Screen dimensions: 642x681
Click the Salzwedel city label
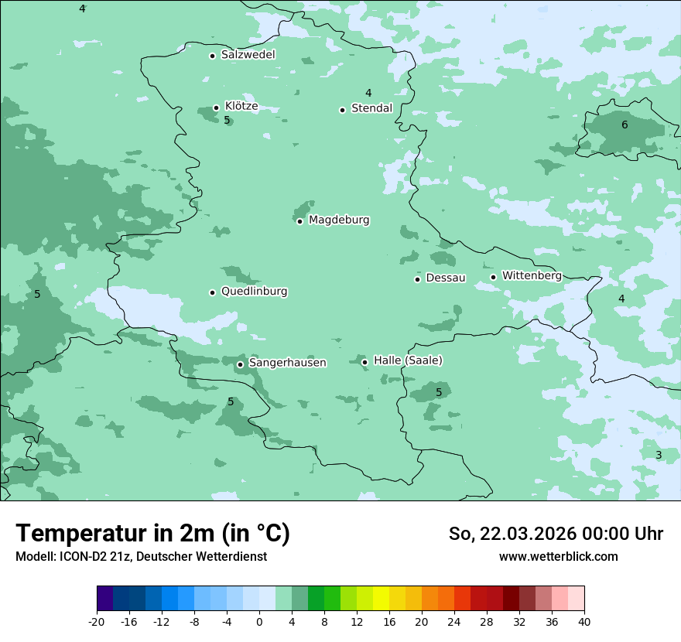[248, 55]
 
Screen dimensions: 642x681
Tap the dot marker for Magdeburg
[299, 221]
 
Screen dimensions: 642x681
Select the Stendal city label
[371, 108]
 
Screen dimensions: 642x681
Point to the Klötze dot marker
[216, 108]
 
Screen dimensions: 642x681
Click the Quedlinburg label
[254, 292]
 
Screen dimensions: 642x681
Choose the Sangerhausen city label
[287, 363]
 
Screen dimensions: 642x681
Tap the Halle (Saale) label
[408, 360]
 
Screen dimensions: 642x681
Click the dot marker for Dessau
[417, 279]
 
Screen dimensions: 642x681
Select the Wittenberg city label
[532, 275]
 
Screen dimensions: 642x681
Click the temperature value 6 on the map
[625, 125]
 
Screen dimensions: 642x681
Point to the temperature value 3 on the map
[659, 455]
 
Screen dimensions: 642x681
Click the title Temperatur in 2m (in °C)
[152, 534]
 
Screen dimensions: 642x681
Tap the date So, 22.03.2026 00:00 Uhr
[556, 534]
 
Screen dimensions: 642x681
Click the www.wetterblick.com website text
[558, 556]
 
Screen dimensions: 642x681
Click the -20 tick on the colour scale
[97, 621]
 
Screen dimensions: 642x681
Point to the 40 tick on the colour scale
[584, 621]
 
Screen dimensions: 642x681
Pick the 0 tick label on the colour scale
[259, 621]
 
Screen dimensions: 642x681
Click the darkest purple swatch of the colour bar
[104, 599]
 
